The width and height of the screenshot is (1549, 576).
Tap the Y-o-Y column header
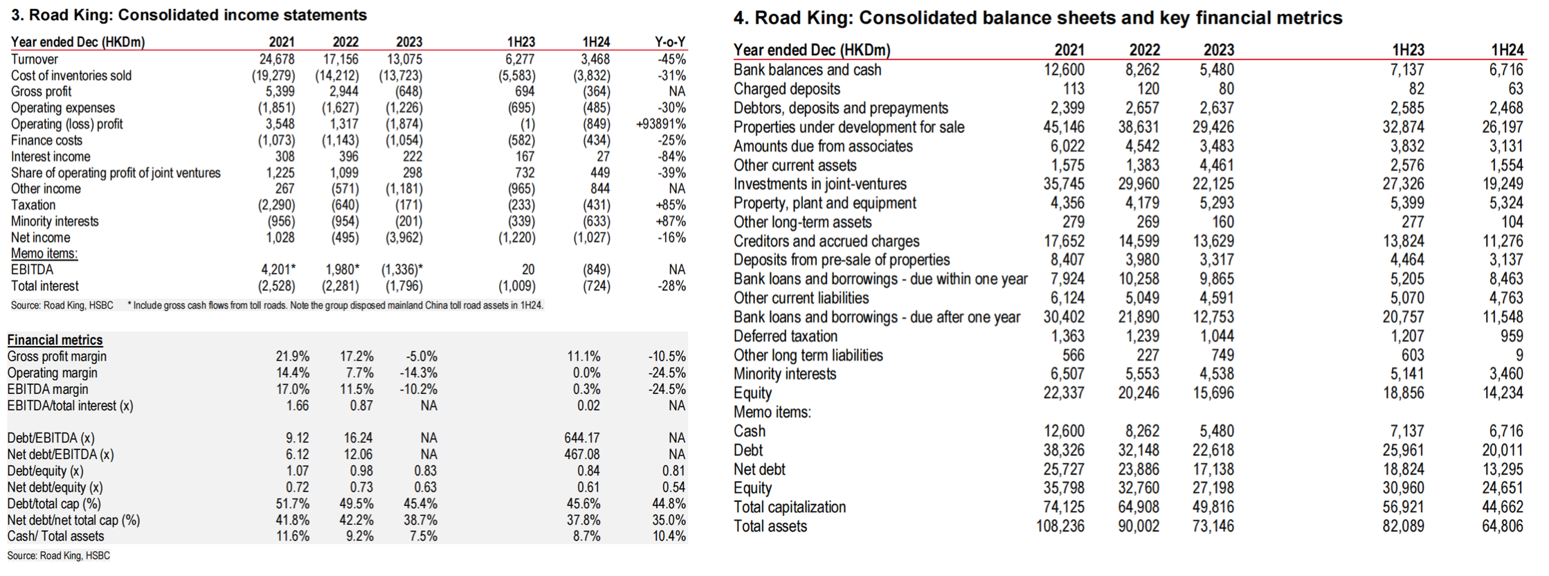click(670, 42)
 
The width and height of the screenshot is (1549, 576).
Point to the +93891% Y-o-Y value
click(661, 125)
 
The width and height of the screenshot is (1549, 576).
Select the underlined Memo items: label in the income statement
click(44, 253)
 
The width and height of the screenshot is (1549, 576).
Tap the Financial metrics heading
click(55, 340)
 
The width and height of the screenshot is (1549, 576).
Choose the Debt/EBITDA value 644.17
click(582, 438)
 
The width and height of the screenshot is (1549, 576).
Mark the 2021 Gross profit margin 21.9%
click(293, 357)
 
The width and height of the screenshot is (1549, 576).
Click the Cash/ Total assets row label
click(55, 537)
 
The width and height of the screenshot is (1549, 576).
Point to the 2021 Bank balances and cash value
click(1064, 70)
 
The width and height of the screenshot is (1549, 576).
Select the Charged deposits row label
click(787, 89)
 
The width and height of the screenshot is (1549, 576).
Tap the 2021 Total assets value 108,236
click(1060, 526)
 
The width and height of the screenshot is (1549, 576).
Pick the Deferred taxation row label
click(786, 336)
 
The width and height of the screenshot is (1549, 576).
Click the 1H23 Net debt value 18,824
click(1404, 469)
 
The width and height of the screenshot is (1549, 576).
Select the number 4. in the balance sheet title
click(741, 18)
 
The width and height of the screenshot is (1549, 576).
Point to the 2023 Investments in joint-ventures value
click(1213, 184)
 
